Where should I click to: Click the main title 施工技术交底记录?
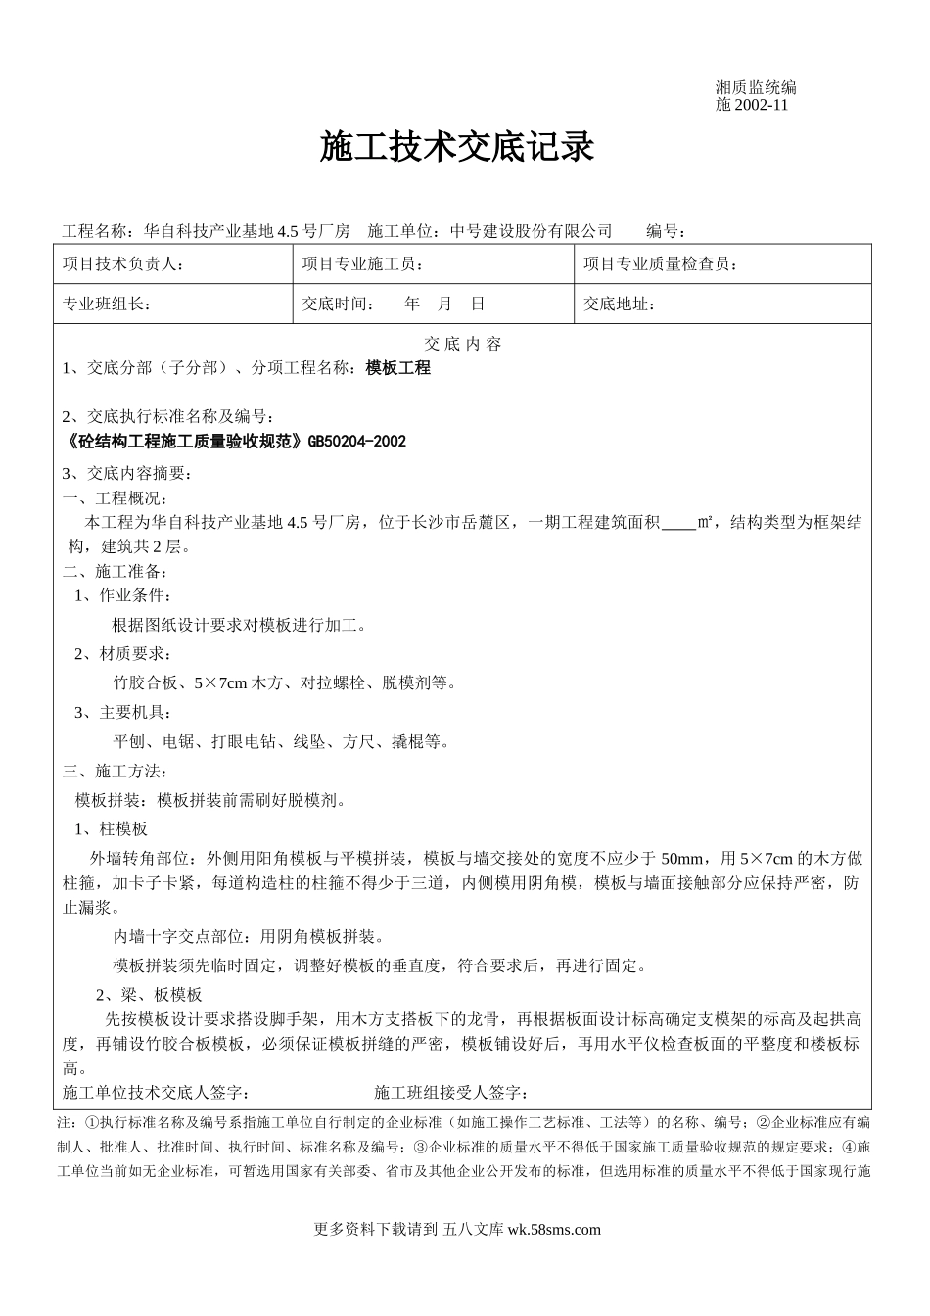click(457, 148)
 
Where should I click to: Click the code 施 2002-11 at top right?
click(752, 105)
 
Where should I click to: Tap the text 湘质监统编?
click(756, 88)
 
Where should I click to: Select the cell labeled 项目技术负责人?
click(122, 264)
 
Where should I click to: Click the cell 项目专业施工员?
click(363, 264)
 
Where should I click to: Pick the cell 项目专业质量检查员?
click(661, 264)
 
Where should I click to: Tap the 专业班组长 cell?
click(106, 304)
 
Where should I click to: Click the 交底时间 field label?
click(339, 304)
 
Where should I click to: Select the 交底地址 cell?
click(620, 304)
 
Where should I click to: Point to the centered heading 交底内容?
click(462, 344)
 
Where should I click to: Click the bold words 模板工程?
click(397, 368)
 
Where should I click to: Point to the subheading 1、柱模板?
click(111, 829)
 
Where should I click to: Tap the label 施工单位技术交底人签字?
click(156, 1092)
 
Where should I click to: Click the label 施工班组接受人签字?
click(451, 1092)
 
